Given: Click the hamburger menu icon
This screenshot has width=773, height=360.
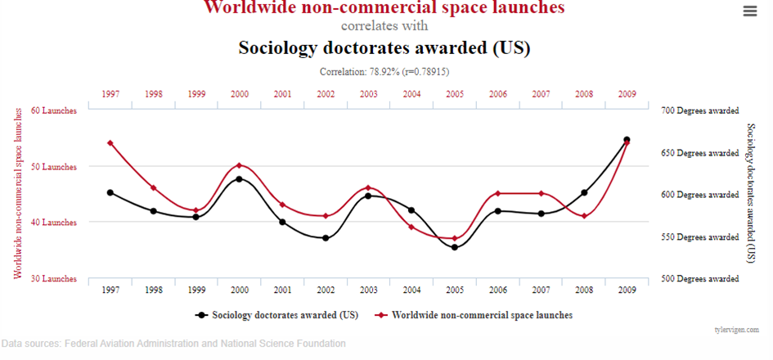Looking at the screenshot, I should (749, 11).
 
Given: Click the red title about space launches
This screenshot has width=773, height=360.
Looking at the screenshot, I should (384, 7).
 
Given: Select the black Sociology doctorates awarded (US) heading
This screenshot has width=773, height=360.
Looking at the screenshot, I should (384, 47).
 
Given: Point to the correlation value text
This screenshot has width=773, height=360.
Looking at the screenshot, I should (384, 72).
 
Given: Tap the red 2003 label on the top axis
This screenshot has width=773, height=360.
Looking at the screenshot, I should (369, 94).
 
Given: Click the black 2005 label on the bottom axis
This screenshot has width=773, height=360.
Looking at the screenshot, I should (455, 290).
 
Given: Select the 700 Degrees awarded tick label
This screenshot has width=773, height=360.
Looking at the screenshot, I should (701, 110).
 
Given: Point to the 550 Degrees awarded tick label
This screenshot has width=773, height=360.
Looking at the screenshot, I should (701, 237).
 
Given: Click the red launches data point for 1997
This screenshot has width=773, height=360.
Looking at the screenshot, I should (110, 143).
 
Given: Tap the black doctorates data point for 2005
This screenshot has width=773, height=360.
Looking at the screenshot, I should (455, 247).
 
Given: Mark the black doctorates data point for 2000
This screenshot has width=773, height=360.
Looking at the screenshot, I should (239, 178).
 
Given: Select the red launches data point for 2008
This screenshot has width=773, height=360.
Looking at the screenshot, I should (584, 216).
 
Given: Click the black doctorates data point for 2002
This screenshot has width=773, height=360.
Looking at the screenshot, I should (326, 238).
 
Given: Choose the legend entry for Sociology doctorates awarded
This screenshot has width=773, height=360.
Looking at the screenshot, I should (277, 314).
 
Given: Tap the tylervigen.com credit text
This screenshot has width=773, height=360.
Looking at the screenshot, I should (737, 330).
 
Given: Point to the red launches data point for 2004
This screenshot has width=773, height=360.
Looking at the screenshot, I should (411, 227).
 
